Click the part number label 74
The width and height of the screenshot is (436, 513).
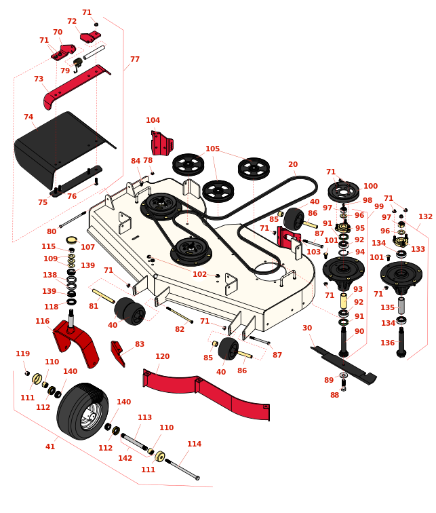click(x=28, y=117)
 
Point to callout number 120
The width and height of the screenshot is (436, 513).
click(x=162, y=357)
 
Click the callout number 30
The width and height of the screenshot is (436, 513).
click(x=307, y=328)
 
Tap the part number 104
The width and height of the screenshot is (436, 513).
click(x=153, y=121)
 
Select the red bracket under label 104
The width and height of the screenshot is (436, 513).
click(x=161, y=143)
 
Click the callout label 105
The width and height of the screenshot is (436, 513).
click(x=212, y=149)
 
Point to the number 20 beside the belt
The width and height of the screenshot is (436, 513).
click(x=293, y=165)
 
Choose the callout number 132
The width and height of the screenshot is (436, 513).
click(x=425, y=217)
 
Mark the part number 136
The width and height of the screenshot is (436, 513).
click(x=387, y=343)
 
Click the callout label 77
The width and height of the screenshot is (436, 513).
click(x=135, y=60)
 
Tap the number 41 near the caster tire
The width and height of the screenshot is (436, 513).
click(x=50, y=447)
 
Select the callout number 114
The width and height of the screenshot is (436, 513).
click(x=194, y=444)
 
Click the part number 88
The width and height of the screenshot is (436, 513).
click(x=334, y=395)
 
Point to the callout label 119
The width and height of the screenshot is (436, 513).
click(x=23, y=354)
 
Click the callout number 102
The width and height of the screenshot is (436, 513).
click(x=199, y=275)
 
